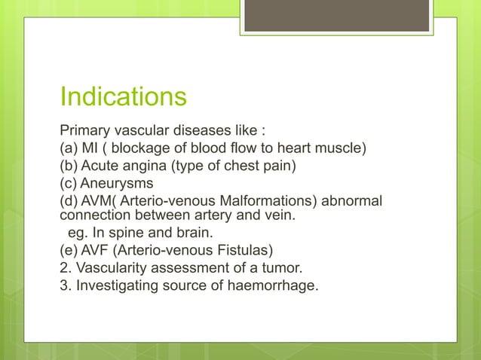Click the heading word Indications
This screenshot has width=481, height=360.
tap(123, 97)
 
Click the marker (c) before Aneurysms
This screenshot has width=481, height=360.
tap(71, 184)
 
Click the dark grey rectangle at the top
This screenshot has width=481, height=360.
tap(335, 16)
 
